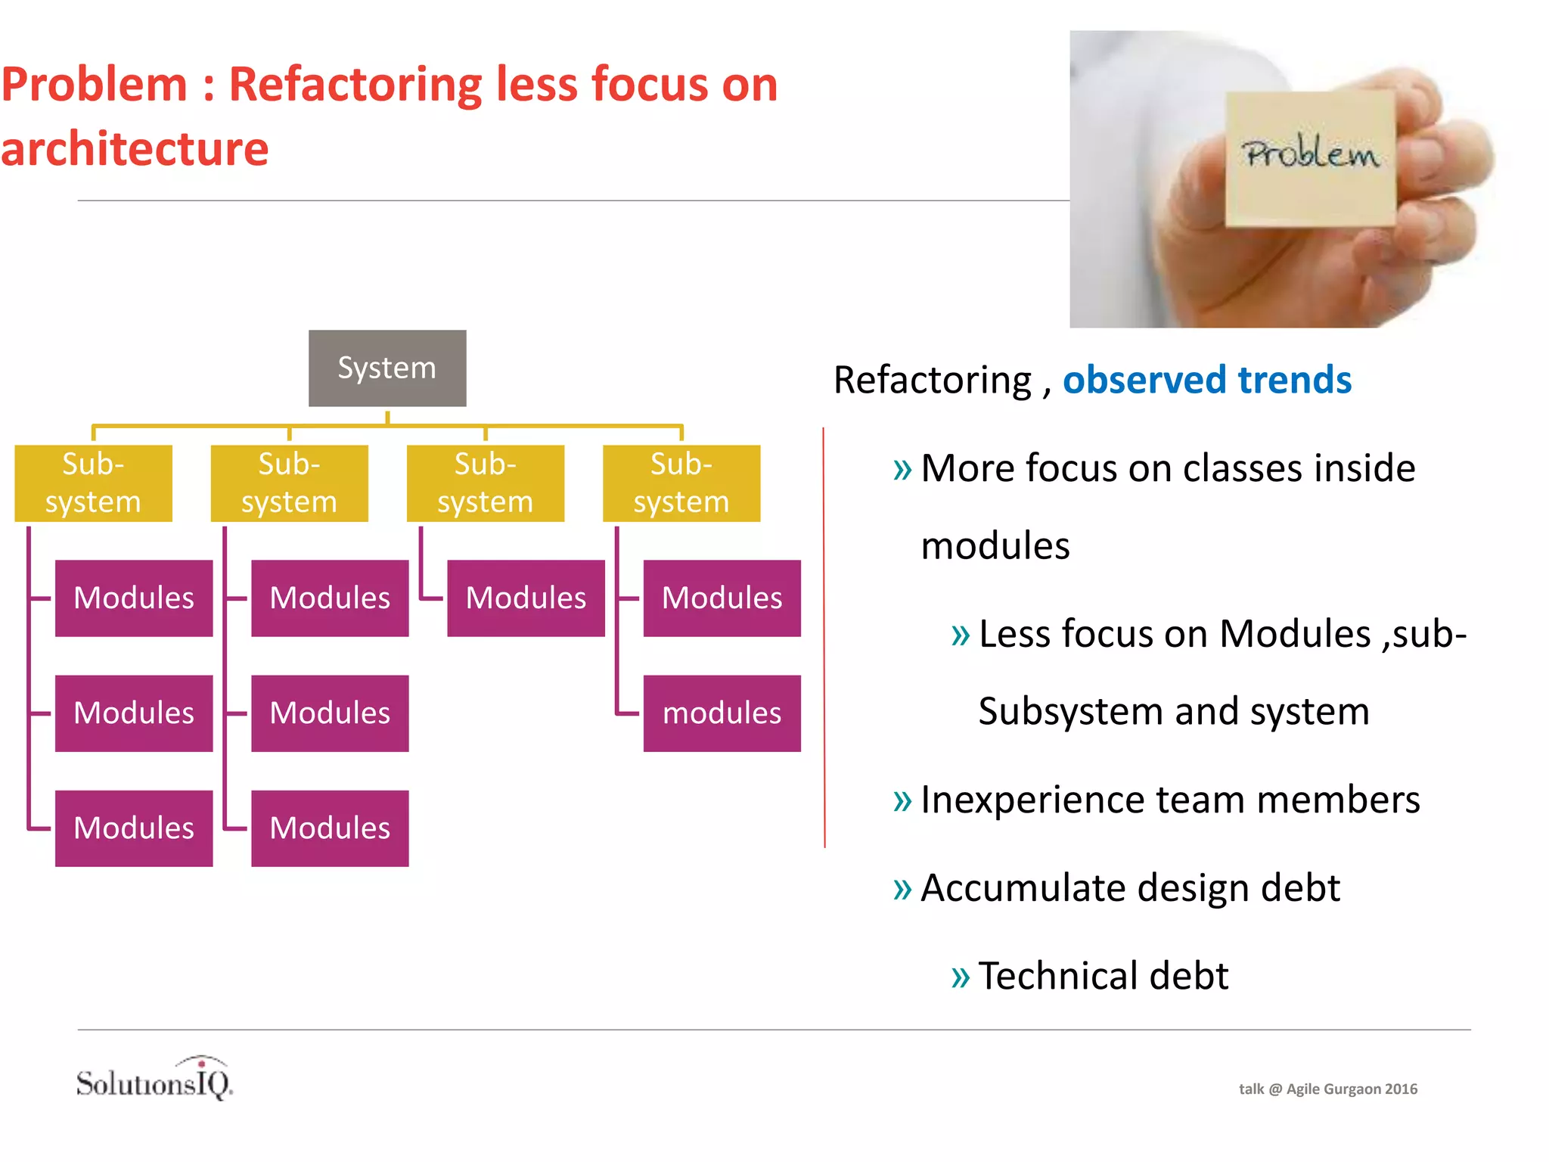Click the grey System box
pos(387,368)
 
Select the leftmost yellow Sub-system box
pos(93,483)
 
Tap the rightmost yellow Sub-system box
pos(681,483)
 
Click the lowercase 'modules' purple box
pos(722,713)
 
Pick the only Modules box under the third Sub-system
pos(526,598)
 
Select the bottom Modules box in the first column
pos(134,828)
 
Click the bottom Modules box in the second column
pos(330,828)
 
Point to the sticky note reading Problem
pos(1310,159)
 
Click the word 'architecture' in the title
pos(135,149)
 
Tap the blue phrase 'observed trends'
pos(1206,380)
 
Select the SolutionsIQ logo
pos(155,1080)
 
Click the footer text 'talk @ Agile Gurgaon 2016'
pos(1327,1089)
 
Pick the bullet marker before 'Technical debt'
pos(960,977)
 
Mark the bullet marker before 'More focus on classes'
pos(902,470)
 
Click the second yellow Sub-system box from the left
pos(289,483)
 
